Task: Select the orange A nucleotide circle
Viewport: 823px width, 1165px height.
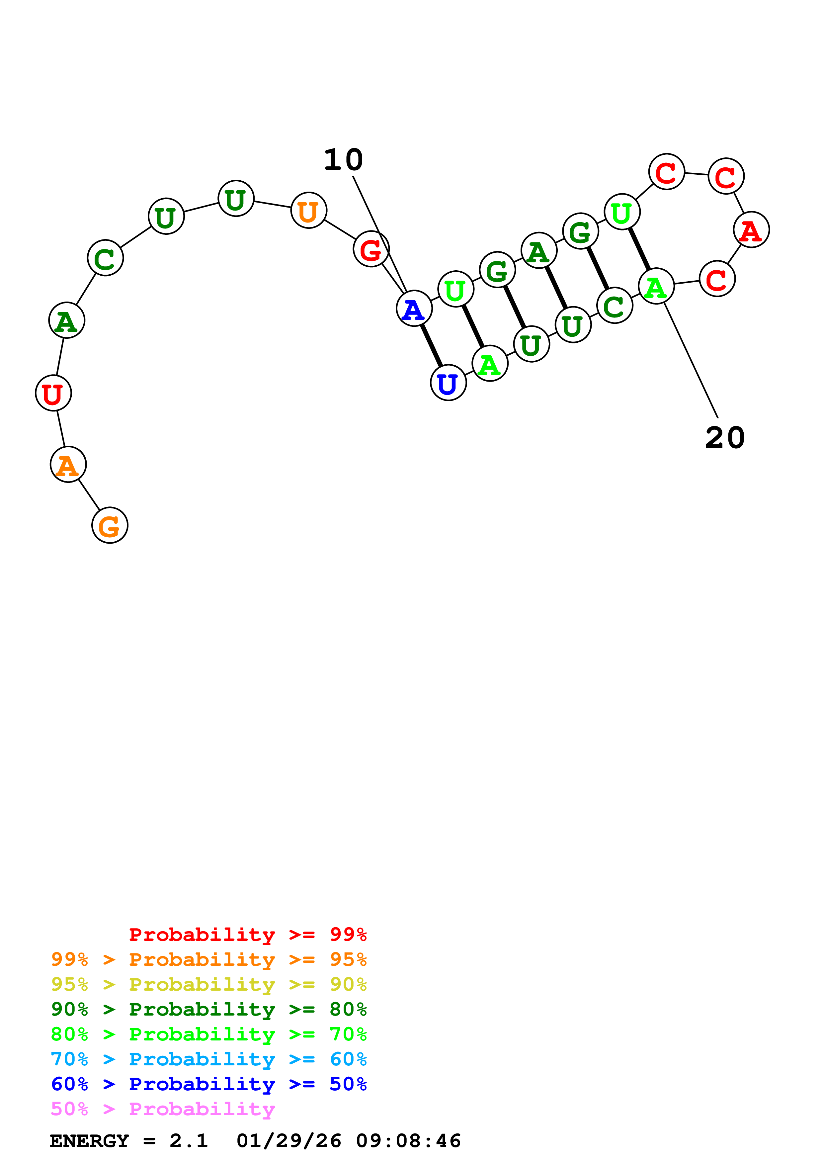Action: click(68, 464)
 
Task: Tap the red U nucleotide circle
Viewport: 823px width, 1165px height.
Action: click(53, 393)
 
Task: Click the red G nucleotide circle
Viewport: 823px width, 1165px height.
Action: click(371, 249)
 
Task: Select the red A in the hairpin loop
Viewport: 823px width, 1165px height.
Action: click(751, 230)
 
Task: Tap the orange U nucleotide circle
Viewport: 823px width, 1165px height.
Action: click(308, 210)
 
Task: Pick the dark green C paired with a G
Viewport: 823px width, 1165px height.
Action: click(615, 306)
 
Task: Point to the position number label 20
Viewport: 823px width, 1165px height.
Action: click(725, 437)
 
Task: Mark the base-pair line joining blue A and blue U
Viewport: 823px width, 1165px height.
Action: click(431, 345)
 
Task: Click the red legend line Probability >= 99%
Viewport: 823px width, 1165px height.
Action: click(247, 934)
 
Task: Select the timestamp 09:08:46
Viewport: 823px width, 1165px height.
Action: click(408, 1141)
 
